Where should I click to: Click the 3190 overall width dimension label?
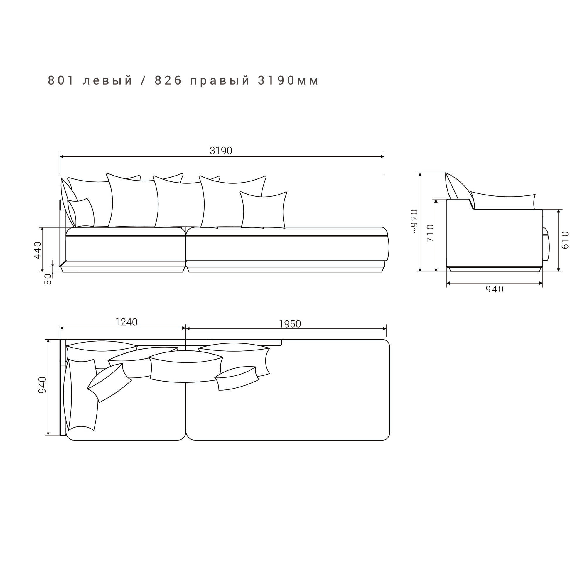coord(221,151)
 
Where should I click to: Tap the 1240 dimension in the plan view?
coord(126,322)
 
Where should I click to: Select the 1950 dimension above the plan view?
coord(290,324)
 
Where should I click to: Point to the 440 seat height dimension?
coord(37,250)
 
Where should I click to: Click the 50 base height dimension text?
coord(48,279)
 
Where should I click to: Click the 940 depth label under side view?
coord(495,289)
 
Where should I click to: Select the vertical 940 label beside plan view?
coord(42,385)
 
